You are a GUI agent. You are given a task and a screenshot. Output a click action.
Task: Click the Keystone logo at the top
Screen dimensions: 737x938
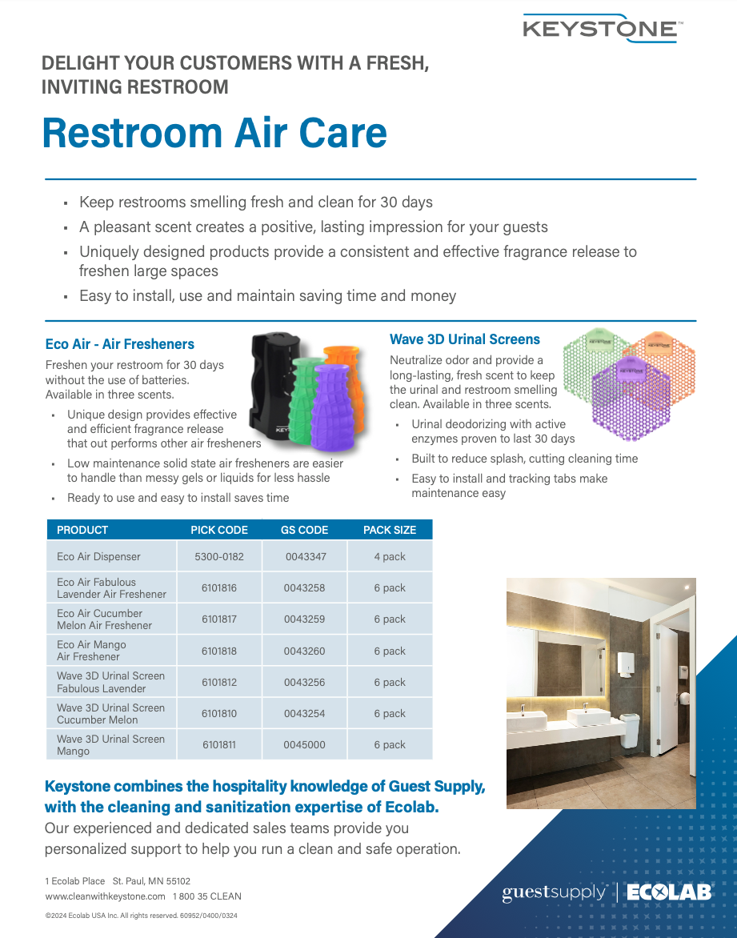(x=602, y=28)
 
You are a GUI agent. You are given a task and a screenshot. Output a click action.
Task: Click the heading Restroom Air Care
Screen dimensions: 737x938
(x=214, y=132)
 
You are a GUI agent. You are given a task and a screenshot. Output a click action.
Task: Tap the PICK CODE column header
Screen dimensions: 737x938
(x=219, y=530)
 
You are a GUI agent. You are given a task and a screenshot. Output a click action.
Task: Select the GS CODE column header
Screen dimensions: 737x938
(x=305, y=530)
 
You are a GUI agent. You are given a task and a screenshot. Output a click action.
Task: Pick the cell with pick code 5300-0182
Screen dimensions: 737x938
(x=219, y=556)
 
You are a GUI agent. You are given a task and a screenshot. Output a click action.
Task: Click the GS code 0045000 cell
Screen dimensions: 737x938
(x=305, y=745)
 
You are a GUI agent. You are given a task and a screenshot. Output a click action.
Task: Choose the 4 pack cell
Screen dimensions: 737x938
(x=390, y=556)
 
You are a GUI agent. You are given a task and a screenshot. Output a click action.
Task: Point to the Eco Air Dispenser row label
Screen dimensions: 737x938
(x=98, y=556)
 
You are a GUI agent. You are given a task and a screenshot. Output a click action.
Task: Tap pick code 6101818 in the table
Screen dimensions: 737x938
(x=219, y=651)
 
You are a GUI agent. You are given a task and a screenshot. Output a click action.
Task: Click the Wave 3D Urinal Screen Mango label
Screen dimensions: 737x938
(x=110, y=745)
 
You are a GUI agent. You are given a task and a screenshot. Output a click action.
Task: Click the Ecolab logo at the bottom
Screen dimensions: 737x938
(x=669, y=893)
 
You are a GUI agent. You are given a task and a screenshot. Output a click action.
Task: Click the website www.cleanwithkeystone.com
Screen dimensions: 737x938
(x=106, y=896)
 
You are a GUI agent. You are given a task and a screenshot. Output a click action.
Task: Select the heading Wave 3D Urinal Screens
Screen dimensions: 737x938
(x=465, y=339)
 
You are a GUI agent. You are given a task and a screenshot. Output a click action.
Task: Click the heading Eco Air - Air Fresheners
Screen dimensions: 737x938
(x=120, y=344)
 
